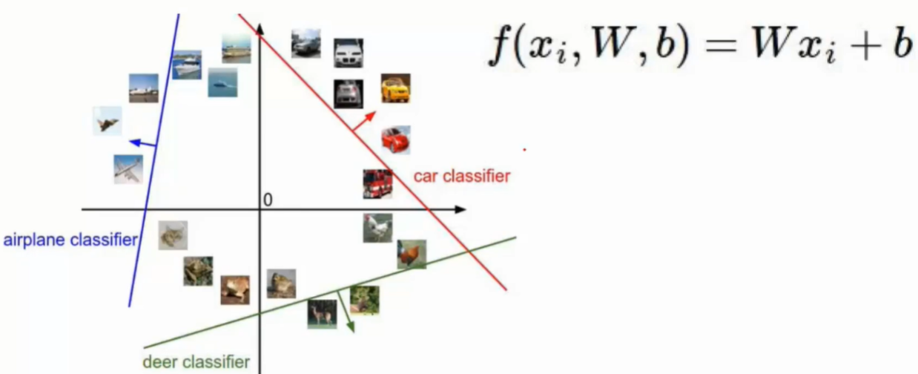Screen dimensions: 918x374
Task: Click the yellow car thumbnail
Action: (x=395, y=88)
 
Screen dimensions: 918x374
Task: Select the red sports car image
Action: (x=395, y=139)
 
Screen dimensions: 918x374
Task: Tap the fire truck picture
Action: (x=377, y=183)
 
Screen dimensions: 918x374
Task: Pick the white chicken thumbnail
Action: (x=377, y=228)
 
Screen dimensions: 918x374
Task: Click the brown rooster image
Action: (x=412, y=254)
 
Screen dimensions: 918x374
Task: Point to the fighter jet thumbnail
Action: (x=107, y=120)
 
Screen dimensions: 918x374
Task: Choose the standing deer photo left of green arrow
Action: (x=322, y=313)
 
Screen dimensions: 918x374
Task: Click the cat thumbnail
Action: (x=173, y=235)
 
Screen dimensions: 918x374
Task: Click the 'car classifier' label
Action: (x=461, y=177)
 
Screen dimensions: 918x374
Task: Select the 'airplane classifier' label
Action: (x=70, y=240)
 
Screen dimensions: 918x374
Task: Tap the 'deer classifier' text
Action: (x=196, y=362)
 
